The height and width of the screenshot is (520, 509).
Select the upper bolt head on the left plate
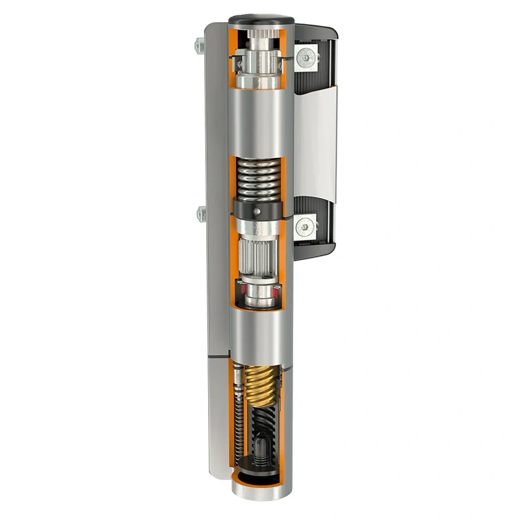(199, 45)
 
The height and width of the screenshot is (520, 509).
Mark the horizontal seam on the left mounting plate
(218, 356)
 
